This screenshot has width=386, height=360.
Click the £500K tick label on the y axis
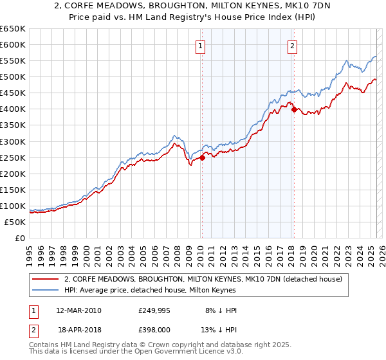click(13, 77)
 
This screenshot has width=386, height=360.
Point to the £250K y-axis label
click(13, 157)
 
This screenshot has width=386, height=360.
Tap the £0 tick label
click(20, 239)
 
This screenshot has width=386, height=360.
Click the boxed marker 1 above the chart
click(201, 46)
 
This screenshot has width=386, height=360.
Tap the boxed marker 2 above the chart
click(293, 46)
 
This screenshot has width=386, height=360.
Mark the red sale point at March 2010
click(202, 157)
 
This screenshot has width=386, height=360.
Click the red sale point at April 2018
click(294, 109)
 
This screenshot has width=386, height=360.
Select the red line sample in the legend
click(46, 280)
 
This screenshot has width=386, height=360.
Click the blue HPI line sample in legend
click(46, 291)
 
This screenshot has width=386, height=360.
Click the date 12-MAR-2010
click(78, 310)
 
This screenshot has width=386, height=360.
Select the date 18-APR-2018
click(78, 330)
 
